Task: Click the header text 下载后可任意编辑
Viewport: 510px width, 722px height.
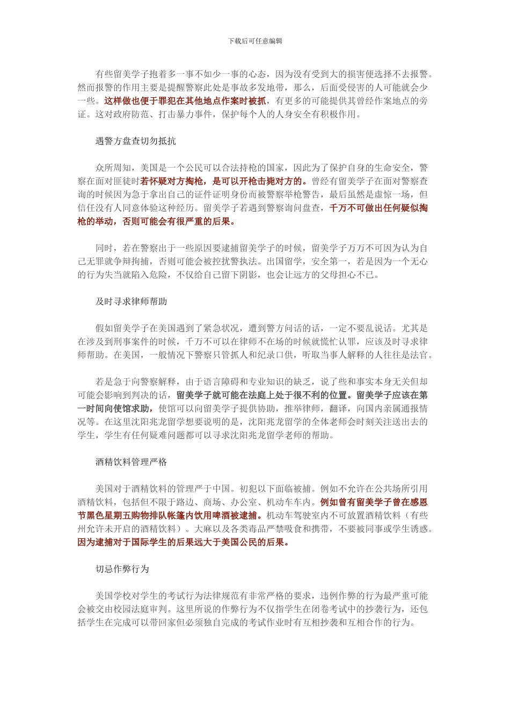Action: [x=255, y=41]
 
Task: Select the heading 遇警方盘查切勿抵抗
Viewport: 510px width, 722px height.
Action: [x=135, y=141]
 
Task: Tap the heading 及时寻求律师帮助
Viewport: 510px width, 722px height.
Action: [x=131, y=302]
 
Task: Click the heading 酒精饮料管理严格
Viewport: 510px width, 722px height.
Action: [x=131, y=462]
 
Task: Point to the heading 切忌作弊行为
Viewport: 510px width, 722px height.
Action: [x=122, y=569]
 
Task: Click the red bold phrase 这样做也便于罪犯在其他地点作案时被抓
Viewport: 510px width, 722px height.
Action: [x=185, y=101]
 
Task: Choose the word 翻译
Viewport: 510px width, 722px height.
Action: [x=338, y=409]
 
